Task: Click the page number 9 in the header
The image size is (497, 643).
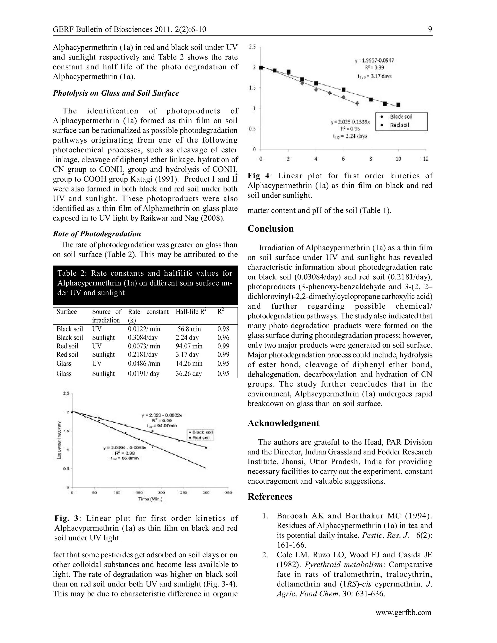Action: pos(430,29)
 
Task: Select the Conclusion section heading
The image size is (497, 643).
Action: pos(270,229)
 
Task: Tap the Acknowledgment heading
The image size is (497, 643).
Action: pos(283,423)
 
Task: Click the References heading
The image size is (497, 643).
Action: pos(270,497)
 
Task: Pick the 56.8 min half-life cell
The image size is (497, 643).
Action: pos(189,329)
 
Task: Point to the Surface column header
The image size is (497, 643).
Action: pos(66,312)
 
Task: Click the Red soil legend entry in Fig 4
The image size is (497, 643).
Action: pos(399,125)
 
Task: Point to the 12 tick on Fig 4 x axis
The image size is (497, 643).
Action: pos(425,159)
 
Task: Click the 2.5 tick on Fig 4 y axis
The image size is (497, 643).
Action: pos(252,47)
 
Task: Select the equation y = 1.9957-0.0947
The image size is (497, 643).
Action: pos(374,61)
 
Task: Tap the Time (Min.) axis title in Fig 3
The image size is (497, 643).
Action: pos(150,499)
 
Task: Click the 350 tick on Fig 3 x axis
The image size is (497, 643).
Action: pos(228,493)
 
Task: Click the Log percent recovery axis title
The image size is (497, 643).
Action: pos(59,440)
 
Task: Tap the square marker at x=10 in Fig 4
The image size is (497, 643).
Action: pos(398,105)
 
